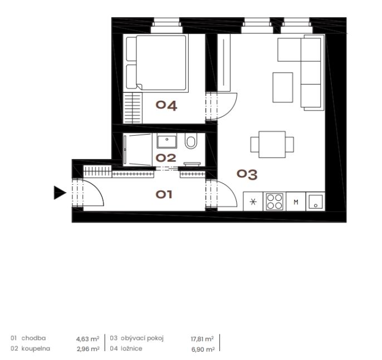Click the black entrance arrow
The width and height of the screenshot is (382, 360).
[60, 193]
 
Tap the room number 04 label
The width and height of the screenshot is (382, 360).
[166, 106]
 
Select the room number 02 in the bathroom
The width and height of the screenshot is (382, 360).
[166, 158]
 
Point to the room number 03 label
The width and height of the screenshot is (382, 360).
[247, 174]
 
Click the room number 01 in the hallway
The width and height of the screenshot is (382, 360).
[164, 195]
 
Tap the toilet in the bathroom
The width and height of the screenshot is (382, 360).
[191, 141]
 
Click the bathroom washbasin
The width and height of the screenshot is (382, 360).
[167, 141]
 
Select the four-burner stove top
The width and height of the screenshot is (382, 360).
[275, 201]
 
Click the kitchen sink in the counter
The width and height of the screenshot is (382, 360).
[316, 201]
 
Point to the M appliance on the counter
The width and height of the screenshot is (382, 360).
[296, 202]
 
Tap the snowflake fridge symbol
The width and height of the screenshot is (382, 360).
[253, 201]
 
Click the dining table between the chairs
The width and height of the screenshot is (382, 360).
[272, 144]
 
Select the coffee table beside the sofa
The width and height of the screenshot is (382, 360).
[283, 87]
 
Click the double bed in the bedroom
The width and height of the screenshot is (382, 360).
[156, 63]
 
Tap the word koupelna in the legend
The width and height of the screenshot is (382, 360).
[36, 348]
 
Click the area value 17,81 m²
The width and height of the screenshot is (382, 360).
[202, 339]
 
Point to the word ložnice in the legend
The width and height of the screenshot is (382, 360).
[131, 348]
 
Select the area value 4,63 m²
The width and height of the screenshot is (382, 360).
[88, 339]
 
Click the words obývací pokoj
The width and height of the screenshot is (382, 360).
[143, 338]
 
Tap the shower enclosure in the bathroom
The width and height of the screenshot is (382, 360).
[138, 150]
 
